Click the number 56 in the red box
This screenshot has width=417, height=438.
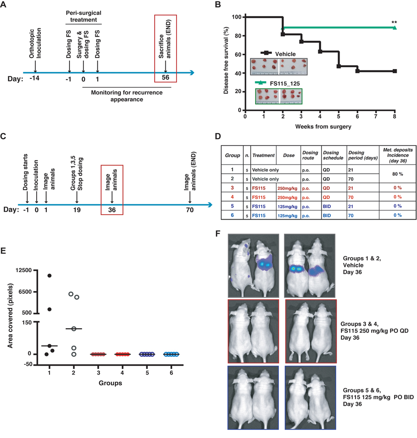pyautogui.click(x=165, y=77)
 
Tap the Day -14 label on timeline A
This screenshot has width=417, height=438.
pyautogui.click(x=35, y=77)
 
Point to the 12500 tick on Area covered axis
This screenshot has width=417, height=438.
pyautogui.click(x=30, y=270)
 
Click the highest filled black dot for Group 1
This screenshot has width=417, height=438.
pyautogui.click(x=50, y=276)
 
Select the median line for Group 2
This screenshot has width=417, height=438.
pyautogui.click(x=74, y=329)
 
